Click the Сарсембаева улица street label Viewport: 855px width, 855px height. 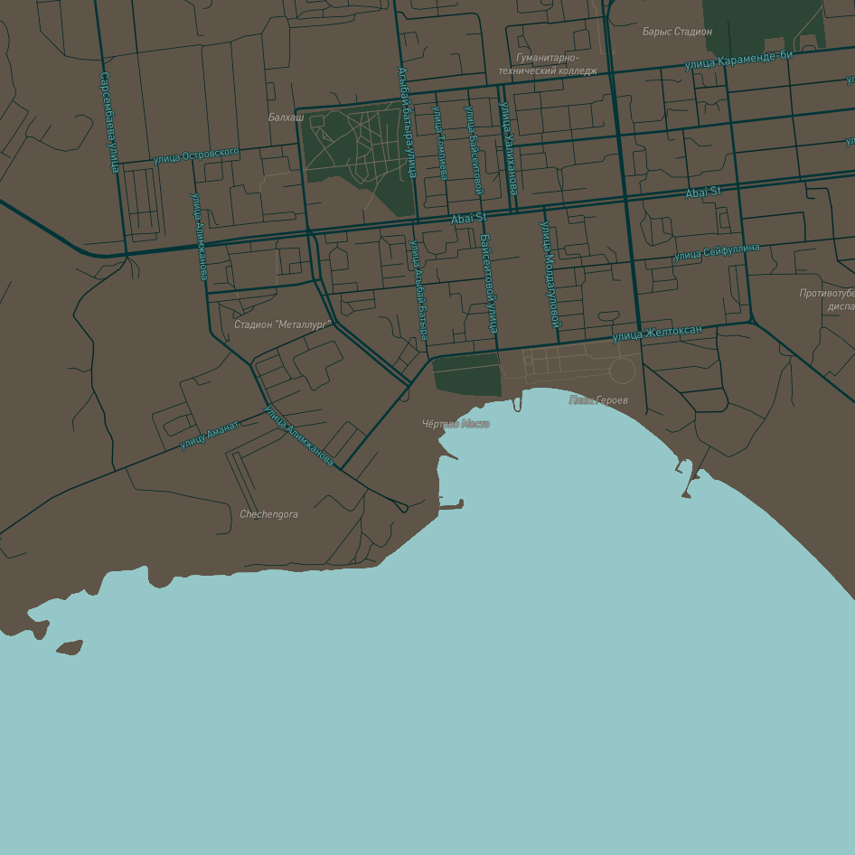pyautogui.click(x=109, y=122)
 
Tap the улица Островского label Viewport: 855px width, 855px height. pyautogui.click(x=196, y=156)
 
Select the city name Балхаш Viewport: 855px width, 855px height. pyautogui.click(x=286, y=117)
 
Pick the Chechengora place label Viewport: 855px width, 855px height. pyautogui.click(x=268, y=514)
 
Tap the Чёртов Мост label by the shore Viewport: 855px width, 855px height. pyautogui.click(x=456, y=424)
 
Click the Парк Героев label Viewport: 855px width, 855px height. pyautogui.click(x=598, y=399)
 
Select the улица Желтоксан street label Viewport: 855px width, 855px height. pyautogui.click(x=657, y=334)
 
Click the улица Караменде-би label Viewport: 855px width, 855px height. pyautogui.click(x=738, y=60)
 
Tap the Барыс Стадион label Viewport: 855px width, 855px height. pyautogui.click(x=677, y=32)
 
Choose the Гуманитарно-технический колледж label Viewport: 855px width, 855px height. pyautogui.click(x=548, y=64)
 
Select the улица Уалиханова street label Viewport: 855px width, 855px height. pyautogui.click(x=509, y=148)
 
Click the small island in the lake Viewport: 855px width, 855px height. pyautogui.click(x=70, y=647)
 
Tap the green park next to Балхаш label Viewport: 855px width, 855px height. pyautogui.click(x=357, y=154)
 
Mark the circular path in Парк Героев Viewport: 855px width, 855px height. pyautogui.click(x=622, y=370)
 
